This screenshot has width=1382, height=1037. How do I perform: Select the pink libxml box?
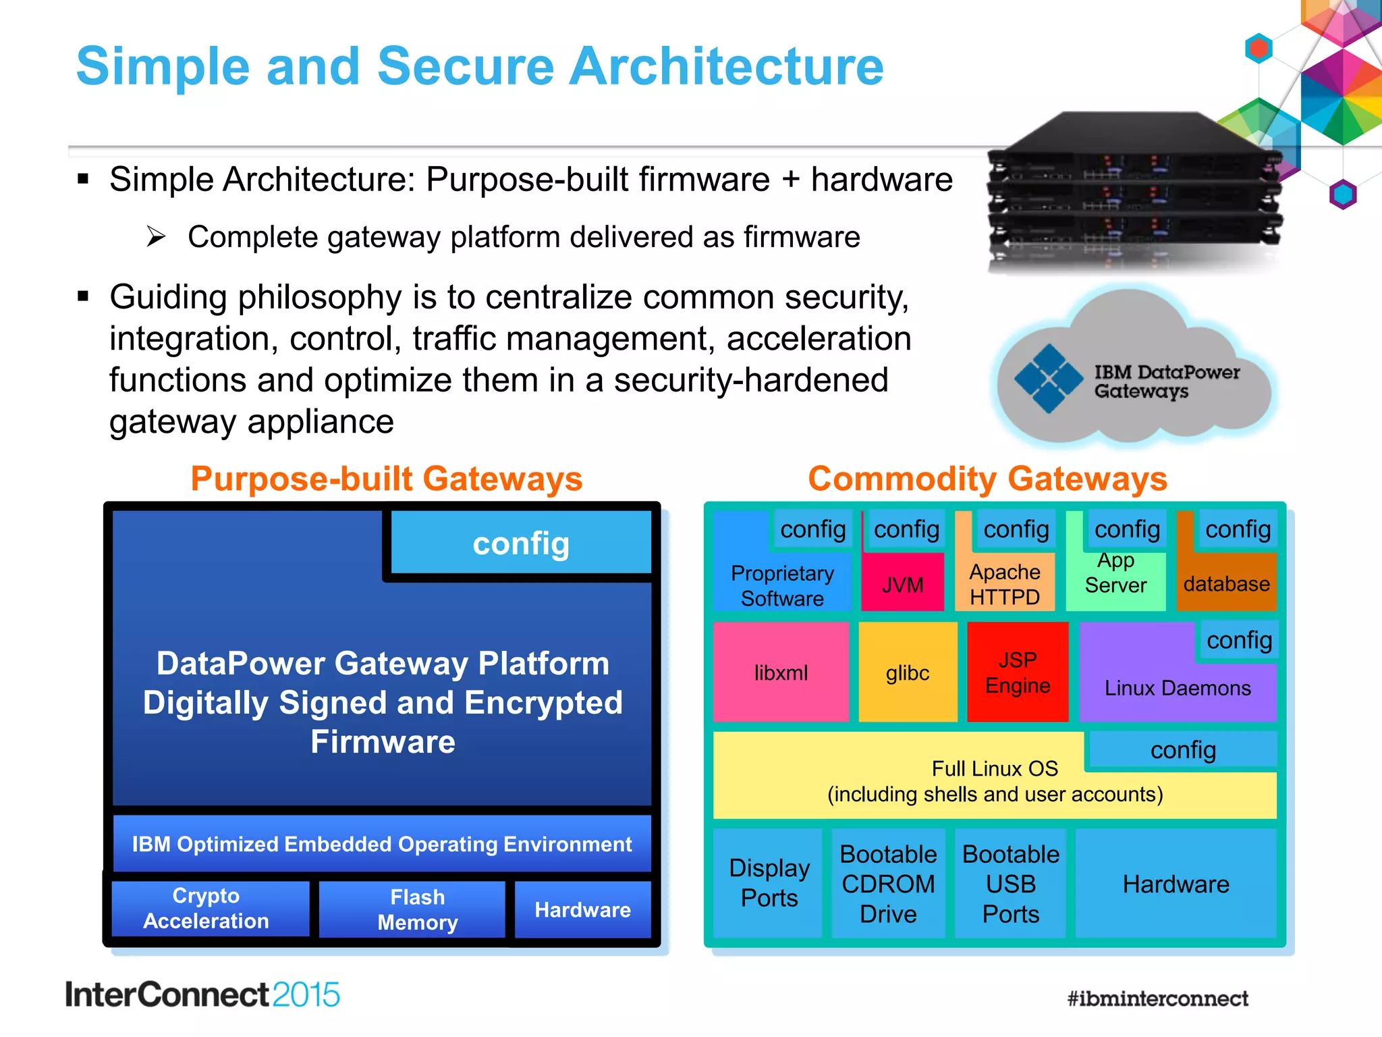781,672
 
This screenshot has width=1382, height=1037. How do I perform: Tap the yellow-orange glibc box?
908,672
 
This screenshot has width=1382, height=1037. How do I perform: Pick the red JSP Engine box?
1018,672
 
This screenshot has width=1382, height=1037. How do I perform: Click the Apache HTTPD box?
1005,584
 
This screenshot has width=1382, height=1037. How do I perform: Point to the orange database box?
1226,583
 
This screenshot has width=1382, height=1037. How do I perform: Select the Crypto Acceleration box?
206,908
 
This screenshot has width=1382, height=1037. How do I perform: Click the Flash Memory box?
417,909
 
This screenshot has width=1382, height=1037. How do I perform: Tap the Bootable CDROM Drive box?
888,884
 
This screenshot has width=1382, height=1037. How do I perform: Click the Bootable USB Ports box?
1010,884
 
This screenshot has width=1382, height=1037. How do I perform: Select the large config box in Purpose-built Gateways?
521,543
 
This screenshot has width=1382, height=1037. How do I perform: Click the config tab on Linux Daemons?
1239,639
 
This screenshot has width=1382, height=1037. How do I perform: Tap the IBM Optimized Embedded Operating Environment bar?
382,844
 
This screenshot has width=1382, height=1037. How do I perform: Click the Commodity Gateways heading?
987,479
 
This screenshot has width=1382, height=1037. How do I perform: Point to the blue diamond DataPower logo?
1049,379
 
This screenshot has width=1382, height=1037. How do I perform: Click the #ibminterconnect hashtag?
1157,998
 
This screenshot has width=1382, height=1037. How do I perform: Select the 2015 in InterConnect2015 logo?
306,995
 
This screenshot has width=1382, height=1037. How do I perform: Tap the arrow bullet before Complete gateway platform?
156,237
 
